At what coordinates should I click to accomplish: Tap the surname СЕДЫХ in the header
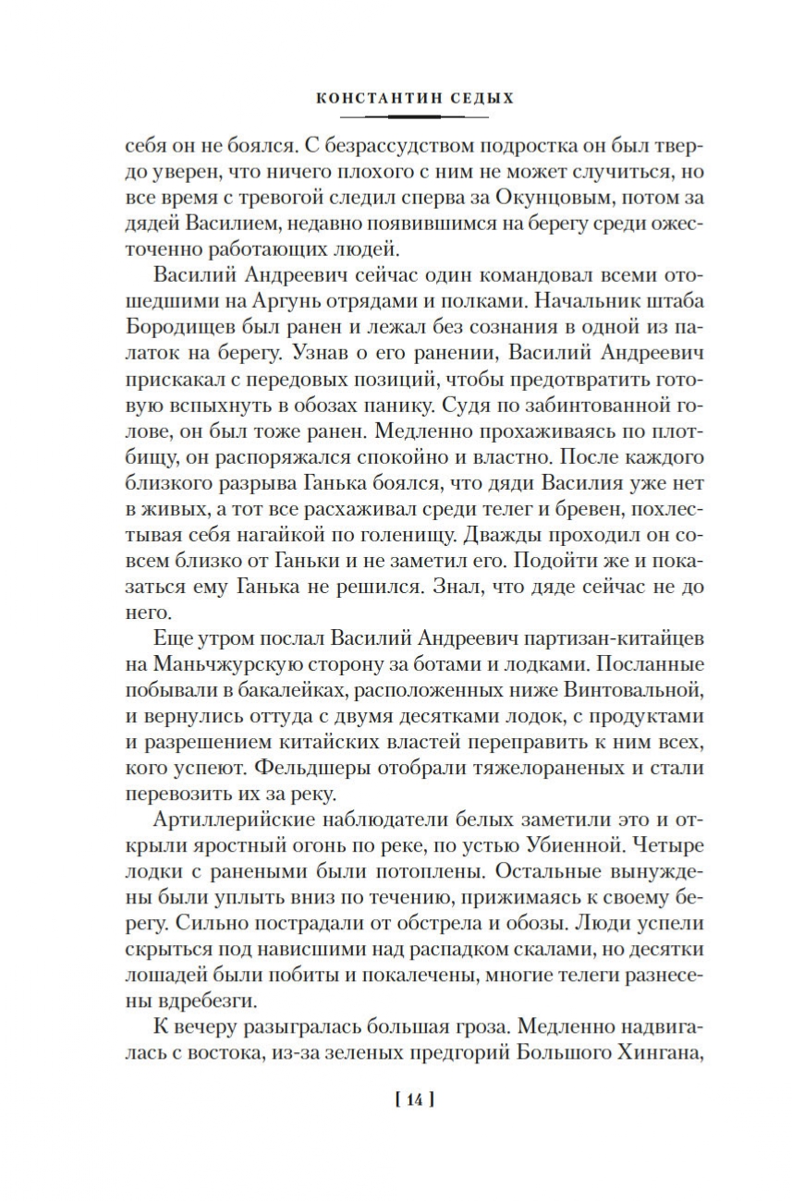click(x=481, y=96)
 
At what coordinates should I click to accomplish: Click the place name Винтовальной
click(x=642, y=689)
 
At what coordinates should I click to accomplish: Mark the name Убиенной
click(x=582, y=844)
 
